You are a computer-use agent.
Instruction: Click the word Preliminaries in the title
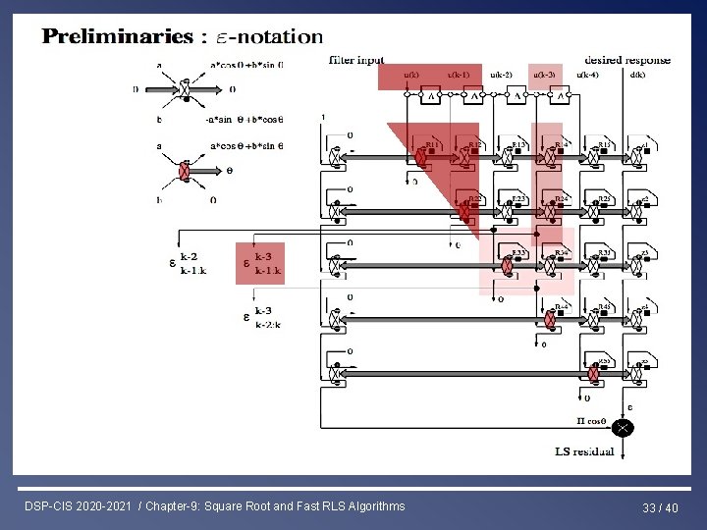tap(117, 37)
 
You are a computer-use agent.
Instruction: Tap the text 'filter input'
tap(356, 60)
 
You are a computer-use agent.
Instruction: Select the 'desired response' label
tap(627, 60)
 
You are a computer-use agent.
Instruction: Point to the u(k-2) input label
tap(501, 75)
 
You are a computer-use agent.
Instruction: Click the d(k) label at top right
tap(637, 75)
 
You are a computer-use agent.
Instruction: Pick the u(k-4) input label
tap(587, 75)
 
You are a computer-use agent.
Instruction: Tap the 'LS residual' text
tap(584, 451)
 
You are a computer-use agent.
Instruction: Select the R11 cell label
tap(431, 143)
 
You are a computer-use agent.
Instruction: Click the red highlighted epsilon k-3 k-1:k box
tap(260, 263)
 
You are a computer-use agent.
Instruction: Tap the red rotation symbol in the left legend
tap(183, 173)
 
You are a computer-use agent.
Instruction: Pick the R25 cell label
tap(605, 198)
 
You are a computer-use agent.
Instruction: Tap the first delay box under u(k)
tap(430, 95)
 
